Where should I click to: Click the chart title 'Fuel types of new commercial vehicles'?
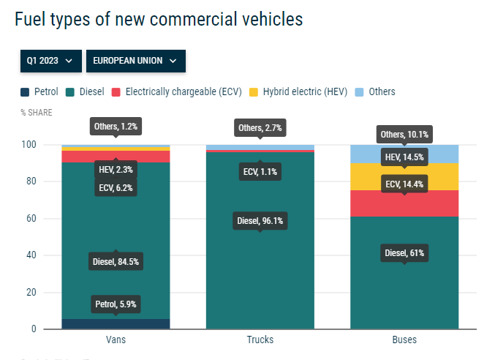[158, 20]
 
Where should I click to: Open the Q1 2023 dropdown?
[50, 61]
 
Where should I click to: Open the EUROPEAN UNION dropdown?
[135, 61]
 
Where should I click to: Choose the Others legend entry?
[375, 92]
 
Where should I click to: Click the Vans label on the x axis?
[116, 340]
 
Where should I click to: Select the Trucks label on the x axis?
[260, 340]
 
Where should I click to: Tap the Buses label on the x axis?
[404, 340]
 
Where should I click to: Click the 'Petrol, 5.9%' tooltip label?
[116, 304]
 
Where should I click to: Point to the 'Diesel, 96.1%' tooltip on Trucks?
[260, 220]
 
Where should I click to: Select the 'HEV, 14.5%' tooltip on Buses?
[404, 157]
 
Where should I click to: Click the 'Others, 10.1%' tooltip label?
[404, 135]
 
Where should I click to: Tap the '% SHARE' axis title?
[37, 113]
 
